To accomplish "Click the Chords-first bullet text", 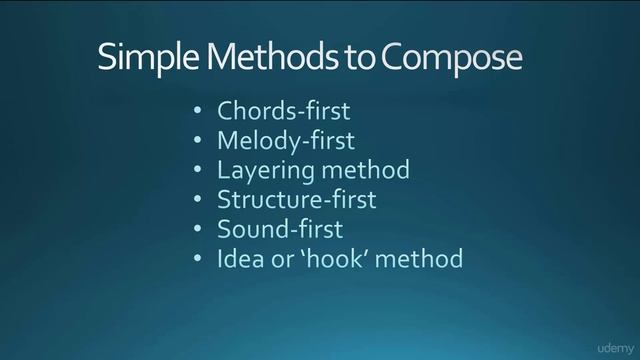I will click(282, 110).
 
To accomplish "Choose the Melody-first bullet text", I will click(285, 140).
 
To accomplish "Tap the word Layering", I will click(262, 171).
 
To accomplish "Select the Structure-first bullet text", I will click(297, 199).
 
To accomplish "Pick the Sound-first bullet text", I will click(280, 229).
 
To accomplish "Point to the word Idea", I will click(238, 259).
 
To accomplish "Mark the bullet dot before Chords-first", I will click(198, 111).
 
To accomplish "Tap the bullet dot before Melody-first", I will click(198, 141).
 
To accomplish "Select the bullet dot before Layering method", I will click(198, 170).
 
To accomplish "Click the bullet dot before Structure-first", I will click(198, 200).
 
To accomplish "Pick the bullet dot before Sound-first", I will click(198, 230).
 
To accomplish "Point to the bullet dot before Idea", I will click(198, 260).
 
